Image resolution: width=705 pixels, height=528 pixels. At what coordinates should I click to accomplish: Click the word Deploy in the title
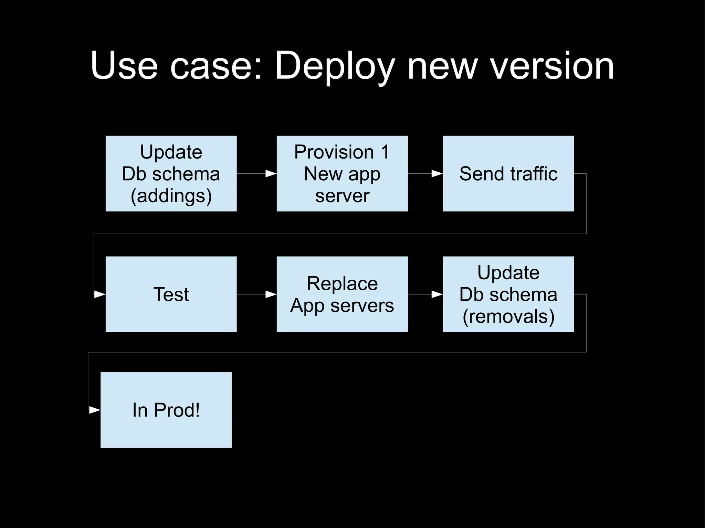point(335,66)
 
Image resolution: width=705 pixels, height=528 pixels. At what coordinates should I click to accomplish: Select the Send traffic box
point(508,173)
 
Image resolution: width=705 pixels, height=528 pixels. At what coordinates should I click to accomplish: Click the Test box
point(171,294)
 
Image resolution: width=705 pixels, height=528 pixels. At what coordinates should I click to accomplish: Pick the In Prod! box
point(166,410)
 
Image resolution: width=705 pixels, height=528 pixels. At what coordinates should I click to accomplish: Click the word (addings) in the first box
point(171,196)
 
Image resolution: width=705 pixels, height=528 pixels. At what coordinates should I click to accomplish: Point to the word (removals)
point(508,316)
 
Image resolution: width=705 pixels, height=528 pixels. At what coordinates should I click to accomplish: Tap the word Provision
point(334,152)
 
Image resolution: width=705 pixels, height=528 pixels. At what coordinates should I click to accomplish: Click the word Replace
point(342,283)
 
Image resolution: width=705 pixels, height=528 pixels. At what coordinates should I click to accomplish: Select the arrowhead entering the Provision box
point(271,174)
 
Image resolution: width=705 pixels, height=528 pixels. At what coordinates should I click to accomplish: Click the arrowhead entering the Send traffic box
point(437,174)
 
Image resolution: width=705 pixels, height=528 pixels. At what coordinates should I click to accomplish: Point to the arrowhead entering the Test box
point(100,294)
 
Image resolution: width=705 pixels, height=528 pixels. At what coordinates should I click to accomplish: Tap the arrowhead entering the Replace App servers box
point(271,294)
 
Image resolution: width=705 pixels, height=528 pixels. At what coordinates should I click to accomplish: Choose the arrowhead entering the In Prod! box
point(95,410)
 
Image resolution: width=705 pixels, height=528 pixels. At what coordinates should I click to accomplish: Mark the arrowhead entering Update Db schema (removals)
point(437,294)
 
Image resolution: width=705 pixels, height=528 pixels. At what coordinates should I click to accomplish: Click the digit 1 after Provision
point(385,152)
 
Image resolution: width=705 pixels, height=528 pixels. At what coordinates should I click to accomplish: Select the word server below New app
point(342,196)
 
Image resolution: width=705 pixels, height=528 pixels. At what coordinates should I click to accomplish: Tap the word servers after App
point(362,305)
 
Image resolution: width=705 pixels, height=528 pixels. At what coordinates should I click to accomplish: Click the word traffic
point(534,173)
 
